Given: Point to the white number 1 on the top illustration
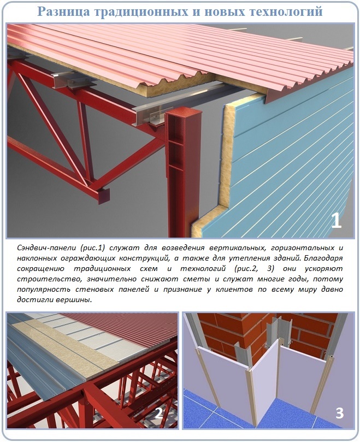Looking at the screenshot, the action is click(x=337, y=220).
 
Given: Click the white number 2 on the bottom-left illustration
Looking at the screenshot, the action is click(x=159, y=413).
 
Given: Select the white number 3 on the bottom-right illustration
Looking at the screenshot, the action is click(x=340, y=413).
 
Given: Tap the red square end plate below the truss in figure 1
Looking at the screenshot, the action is click(x=103, y=196).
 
